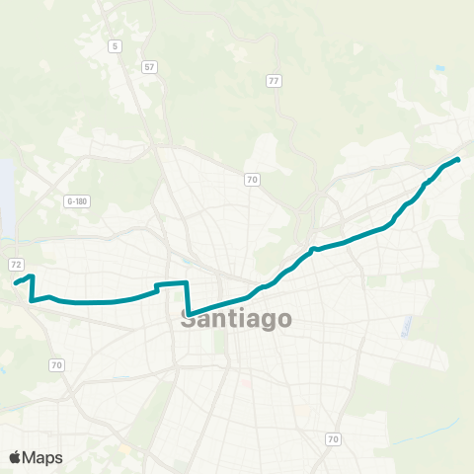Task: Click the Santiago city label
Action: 237,319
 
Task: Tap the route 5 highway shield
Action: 116,46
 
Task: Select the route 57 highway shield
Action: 149,67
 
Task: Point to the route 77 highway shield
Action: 274,80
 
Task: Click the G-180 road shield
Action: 77,201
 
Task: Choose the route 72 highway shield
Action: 16,265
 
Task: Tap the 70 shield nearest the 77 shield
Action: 253,179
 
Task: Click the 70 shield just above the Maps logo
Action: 56,365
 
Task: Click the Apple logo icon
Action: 16,457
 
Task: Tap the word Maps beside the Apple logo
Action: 42,457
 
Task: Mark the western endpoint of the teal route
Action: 15,284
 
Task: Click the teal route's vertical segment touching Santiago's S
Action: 187,299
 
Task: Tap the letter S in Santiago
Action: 190,319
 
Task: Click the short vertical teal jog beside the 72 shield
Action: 33,287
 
